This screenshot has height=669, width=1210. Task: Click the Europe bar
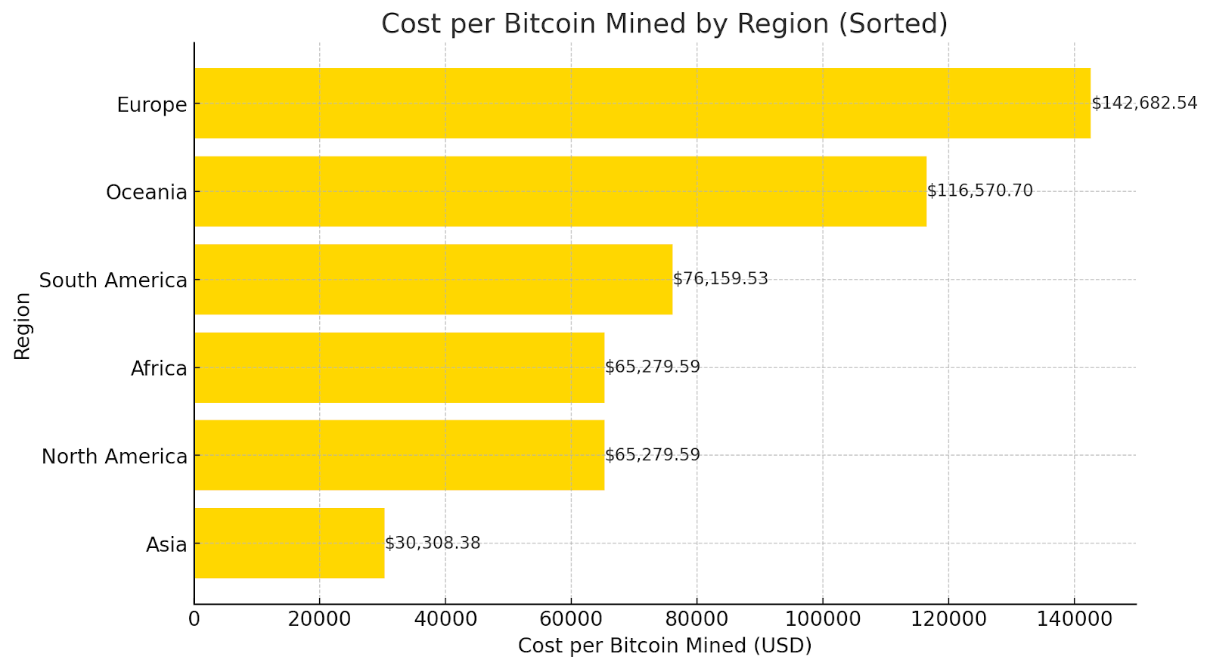[642, 103]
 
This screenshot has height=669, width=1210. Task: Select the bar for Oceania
[560, 191]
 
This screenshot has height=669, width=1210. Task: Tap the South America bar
[433, 279]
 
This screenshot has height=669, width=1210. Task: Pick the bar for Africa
[399, 367]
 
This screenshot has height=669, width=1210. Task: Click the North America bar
[399, 455]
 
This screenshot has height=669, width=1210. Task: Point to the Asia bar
[289, 543]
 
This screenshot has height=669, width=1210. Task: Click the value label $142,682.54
[1144, 103]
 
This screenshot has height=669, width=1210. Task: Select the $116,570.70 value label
[979, 190]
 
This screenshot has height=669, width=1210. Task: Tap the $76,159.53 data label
[720, 279]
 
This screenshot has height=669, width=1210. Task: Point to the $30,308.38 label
[433, 543]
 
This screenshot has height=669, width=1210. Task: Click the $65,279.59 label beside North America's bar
[652, 455]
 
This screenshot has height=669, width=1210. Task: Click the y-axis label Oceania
[146, 192]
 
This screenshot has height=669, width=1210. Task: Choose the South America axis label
[113, 280]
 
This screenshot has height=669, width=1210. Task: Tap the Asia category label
[166, 544]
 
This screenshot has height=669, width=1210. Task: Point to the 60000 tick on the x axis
[571, 619]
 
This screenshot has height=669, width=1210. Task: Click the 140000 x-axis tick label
[1074, 619]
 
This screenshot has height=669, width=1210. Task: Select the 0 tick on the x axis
[194, 619]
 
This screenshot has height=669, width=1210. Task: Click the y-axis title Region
[23, 326]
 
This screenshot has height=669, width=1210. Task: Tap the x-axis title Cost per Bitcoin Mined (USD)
[664, 646]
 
